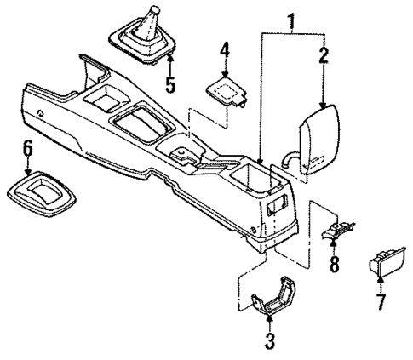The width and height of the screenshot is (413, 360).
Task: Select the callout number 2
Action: pyautogui.click(x=323, y=56)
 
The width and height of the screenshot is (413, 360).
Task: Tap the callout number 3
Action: pyautogui.click(x=269, y=342)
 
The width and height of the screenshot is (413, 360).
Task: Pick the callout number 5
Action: pyautogui.click(x=169, y=86)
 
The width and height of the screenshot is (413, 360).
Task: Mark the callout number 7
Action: pyautogui.click(x=380, y=303)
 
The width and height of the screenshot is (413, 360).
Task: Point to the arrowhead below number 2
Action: pyautogui.click(x=323, y=102)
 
